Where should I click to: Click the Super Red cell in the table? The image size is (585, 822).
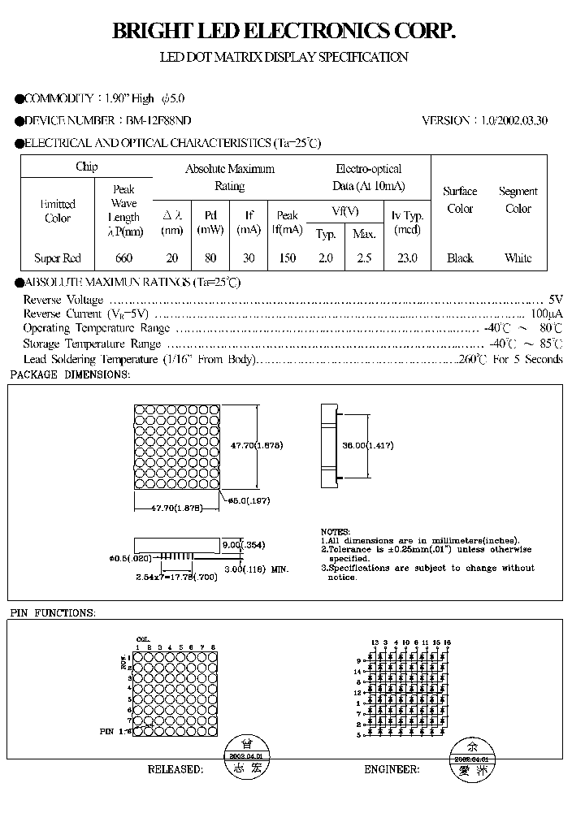tap(58, 258)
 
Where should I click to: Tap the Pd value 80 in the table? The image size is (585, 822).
tap(210, 258)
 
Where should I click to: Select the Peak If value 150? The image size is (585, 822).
tap(288, 258)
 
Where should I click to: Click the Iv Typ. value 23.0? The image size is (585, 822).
tap(407, 258)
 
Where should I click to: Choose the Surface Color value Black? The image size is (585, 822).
tap(460, 258)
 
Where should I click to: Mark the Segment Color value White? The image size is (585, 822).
tap(518, 258)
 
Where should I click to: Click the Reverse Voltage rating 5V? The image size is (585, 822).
tap(556, 298)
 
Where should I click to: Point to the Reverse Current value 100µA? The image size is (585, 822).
tap(546, 314)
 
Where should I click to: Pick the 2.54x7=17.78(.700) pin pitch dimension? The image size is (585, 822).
tap(175, 577)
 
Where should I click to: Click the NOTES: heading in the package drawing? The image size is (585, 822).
tap(336, 530)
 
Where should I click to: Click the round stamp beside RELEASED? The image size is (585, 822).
tap(248, 755)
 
